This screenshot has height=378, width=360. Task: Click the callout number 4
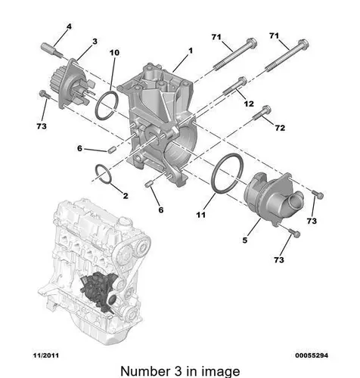[69, 26]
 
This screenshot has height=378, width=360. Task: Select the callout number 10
[114, 53]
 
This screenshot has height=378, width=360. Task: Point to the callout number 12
[249, 104]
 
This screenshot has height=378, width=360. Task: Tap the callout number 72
[280, 128]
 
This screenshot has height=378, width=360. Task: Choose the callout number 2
[126, 196]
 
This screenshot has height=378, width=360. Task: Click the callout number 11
[201, 215]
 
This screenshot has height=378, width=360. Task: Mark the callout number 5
[245, 240]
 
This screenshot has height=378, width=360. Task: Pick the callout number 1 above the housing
[191, 51]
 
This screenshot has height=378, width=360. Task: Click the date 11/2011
[46, 355]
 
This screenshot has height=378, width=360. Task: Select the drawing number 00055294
[312, 355]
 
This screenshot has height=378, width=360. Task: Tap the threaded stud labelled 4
[51, 51]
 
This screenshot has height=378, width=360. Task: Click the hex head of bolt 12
[242, 81]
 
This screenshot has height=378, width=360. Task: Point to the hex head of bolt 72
[266, 110]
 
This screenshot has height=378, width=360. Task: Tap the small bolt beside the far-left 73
[45, 95]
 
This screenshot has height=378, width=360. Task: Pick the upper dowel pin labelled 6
[111, 150]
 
